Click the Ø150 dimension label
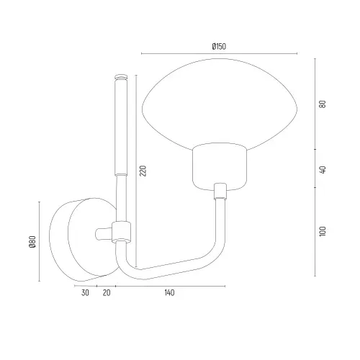click(x=219, y=46)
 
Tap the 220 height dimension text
click(x=143, y=171)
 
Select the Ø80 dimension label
click(x=32, y=242)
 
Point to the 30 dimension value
click(x=85, y=293)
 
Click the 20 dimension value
click(x=107, y=293)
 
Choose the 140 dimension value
click(x=169, y=293)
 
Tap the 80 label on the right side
click(x=323, y=104)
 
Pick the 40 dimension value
click(x=323, y=169)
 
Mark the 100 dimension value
click(x=323, y=231)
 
